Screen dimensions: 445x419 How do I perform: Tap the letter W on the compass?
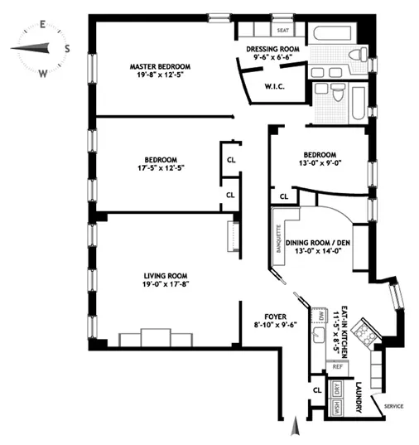tap(42, 73)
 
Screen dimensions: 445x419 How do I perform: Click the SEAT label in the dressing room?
tap(283, 30)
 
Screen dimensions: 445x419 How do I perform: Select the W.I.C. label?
tap(277, 85)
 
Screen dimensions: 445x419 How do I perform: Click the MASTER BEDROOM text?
tap(160, 66)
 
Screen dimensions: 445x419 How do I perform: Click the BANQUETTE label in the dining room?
tap(280, 236)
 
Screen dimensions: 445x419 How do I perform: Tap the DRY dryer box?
tap(338, 389)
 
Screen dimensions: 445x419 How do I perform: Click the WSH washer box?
tap(338, 407)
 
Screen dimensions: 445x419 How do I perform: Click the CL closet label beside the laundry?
tap(317, 389)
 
